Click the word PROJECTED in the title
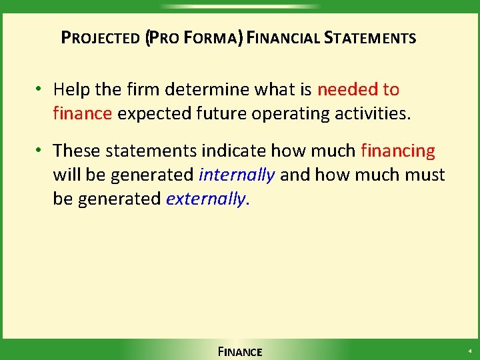pos(100,38)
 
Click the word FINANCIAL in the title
pos(284,38)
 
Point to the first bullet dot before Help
pos(41,89)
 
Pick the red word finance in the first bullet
pos(83,113)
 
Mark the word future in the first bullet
pos(223,113)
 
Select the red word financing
pos(397,151)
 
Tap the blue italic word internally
pos(237,175)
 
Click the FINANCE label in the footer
pos(240,351)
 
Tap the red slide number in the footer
pos(469,351)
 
